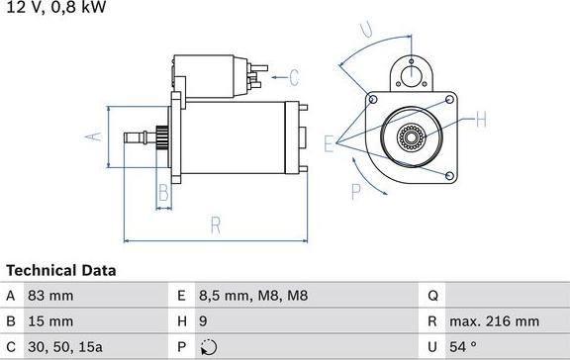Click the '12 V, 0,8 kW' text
(56, 8)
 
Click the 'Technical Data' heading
(61, 270)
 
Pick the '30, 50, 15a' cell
(65, 347)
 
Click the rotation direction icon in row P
(206, 347)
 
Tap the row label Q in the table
(433, 296)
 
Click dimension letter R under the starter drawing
(216, 226)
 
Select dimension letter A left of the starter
(95, 136)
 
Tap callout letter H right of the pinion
(481, 121)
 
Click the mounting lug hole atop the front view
(410, 68)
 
